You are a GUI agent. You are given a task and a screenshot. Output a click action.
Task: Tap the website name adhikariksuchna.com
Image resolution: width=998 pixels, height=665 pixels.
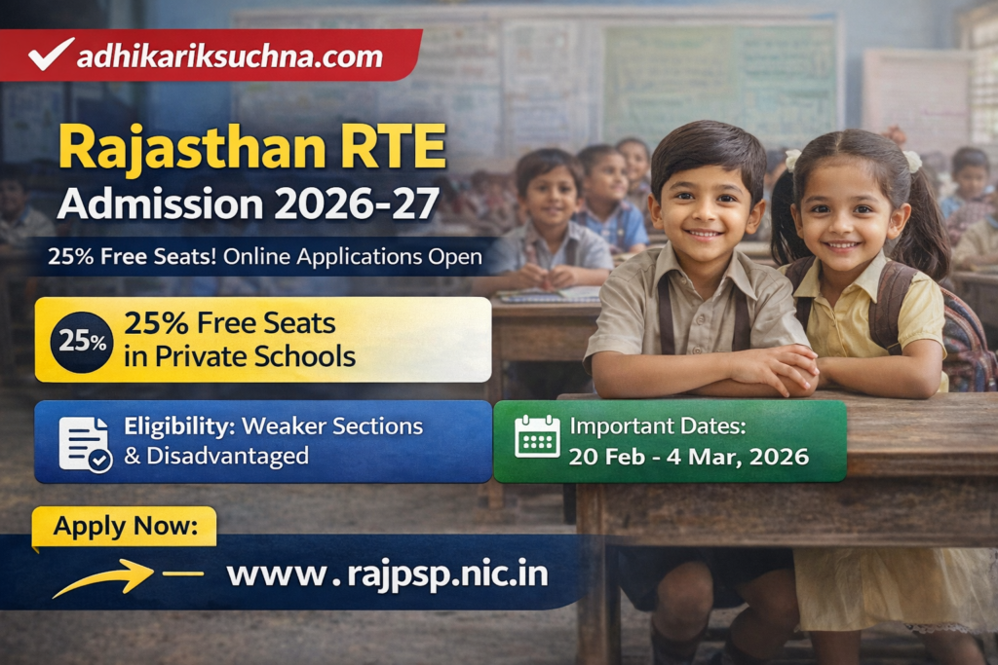[229, 55]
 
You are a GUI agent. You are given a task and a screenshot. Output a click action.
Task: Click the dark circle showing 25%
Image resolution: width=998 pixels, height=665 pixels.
[81, 340]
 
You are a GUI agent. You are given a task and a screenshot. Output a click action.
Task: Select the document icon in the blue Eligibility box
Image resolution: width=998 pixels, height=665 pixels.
[85, 443]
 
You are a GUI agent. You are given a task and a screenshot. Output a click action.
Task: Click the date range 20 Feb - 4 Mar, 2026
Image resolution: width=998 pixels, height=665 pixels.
[689, 457]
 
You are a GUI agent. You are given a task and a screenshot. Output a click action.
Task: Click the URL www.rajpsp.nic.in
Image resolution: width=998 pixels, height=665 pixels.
[387, 574]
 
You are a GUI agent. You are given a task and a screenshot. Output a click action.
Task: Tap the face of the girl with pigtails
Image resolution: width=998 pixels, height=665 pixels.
[845, 218]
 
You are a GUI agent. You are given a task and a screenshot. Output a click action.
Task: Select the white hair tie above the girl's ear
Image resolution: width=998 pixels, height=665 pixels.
[912, 162]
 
